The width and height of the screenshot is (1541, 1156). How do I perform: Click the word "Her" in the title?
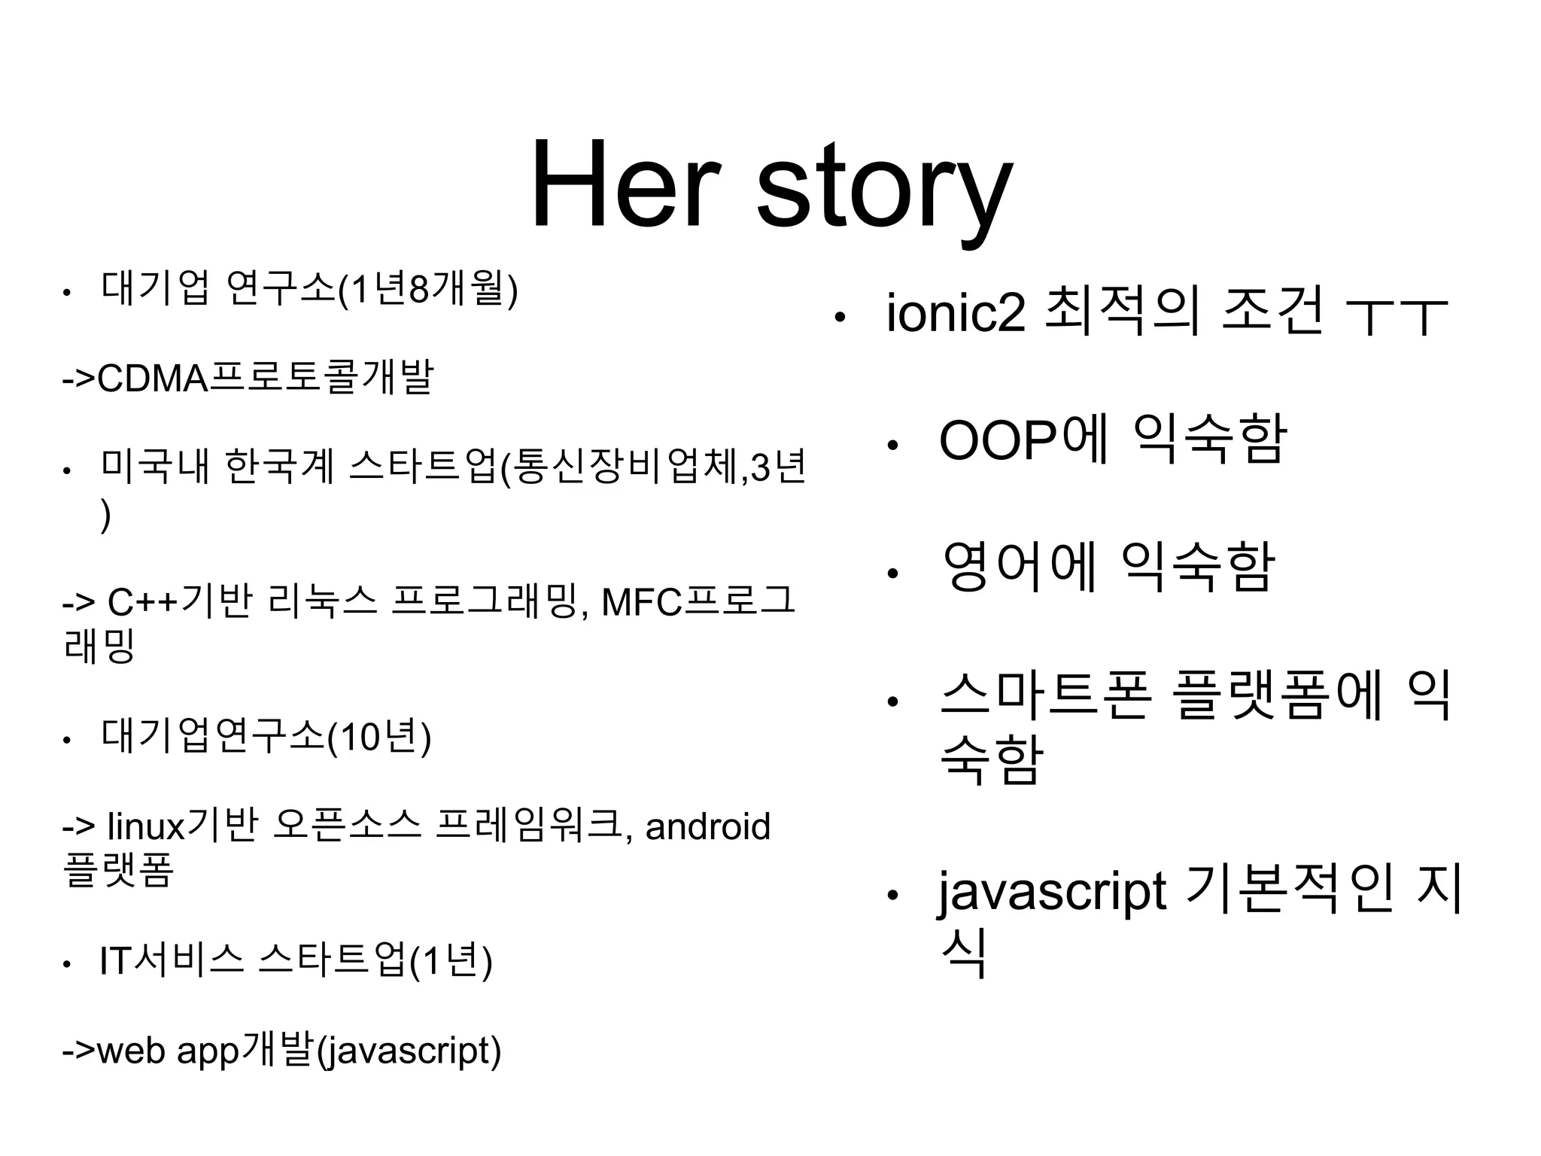tap(625, 186)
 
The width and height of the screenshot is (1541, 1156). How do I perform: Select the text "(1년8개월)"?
tap(428, 289)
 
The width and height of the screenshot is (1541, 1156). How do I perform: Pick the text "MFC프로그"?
tap(698, 602)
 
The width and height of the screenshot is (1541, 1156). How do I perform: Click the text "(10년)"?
tap(379, 738)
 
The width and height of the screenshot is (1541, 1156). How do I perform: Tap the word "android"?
tap(707, 826)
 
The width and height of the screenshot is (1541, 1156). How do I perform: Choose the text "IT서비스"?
tap(172, 961)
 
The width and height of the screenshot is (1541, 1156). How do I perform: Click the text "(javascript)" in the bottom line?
tap(409, 1051)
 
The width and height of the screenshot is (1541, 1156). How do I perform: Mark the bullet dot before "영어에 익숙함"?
tap(892, 573)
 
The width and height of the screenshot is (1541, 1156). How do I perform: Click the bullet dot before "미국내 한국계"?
tap(67, 472)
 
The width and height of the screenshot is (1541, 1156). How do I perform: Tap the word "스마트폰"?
tap(1045, 696)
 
